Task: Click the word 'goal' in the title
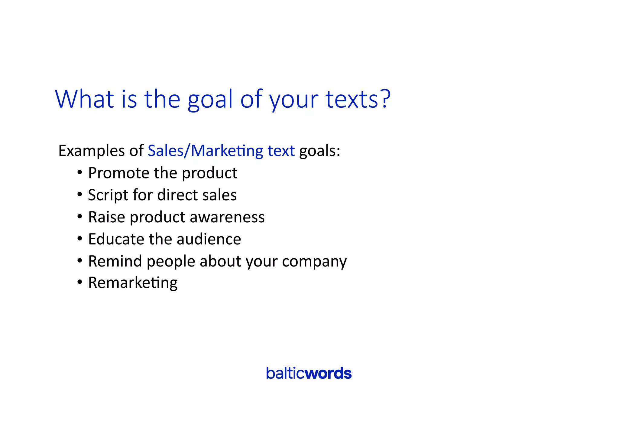tap(210, 100)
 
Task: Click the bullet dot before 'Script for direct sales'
tap(79, 194)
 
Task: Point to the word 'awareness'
tap(227, 217)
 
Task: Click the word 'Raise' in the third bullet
tap(106, 217)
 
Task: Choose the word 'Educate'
tap(116, 239)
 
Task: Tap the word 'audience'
tap(209, 239)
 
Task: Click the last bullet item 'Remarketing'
tap(133, 283)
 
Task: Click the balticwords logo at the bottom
tap(309, 373)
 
